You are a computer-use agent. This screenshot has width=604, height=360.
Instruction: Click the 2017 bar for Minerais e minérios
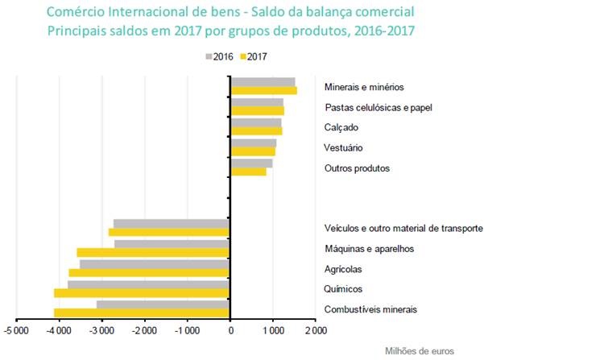pos(263,90)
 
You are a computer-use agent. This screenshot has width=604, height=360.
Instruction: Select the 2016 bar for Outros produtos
pos(251,163)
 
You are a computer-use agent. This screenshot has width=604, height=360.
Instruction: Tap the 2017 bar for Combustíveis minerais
pos(142,312)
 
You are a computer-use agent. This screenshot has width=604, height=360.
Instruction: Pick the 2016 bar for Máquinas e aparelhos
pos(172,243)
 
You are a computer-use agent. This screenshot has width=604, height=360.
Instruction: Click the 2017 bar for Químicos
pos(142,292)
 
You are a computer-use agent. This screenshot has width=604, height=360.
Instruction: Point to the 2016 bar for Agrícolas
pos(155,263)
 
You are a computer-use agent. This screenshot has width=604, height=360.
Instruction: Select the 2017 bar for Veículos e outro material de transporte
pos(169,232)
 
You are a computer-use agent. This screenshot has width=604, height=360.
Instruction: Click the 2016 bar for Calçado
pos(255,122)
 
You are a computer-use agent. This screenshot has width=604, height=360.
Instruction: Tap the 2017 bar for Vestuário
pos(253,151)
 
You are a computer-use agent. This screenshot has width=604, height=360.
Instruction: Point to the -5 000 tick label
pos(16,330)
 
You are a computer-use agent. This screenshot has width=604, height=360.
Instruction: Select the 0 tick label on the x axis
pos(230,330)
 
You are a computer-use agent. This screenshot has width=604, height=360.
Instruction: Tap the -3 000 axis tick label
pos(101,330)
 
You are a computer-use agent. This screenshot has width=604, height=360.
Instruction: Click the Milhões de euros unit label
pos(420,351)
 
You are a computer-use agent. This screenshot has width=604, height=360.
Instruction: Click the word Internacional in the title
pos(143,13)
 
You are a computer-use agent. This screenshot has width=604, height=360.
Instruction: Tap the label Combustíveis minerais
pos(370,309)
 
